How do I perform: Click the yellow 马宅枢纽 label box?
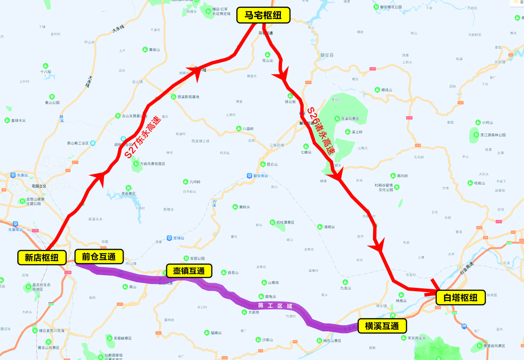pos(263,16)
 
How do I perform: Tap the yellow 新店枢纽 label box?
pos(42,258)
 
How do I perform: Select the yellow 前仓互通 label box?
pos(99,256)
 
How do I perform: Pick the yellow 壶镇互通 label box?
pos(189,271)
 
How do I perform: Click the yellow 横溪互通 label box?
pos(382,326)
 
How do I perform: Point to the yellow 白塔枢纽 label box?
pos(461,297)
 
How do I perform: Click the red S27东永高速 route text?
pos(143,137)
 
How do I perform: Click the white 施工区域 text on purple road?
pos(275,306)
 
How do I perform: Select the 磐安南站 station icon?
pos(249,176)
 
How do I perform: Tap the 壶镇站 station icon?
pos(169,238)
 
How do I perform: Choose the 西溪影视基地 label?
pos(188,97)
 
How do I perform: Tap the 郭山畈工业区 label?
pos(78,143)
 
